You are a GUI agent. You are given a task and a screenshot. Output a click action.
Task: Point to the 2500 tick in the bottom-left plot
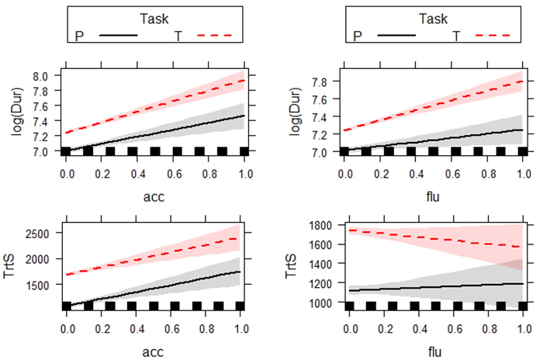click(40, 234)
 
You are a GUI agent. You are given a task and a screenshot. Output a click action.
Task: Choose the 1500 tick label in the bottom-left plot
click(40, 285)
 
